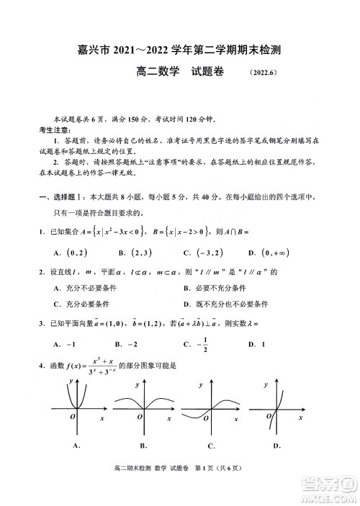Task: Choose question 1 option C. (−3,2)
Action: click(x=203, y=252)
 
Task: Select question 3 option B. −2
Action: click(x=128, y=344)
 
